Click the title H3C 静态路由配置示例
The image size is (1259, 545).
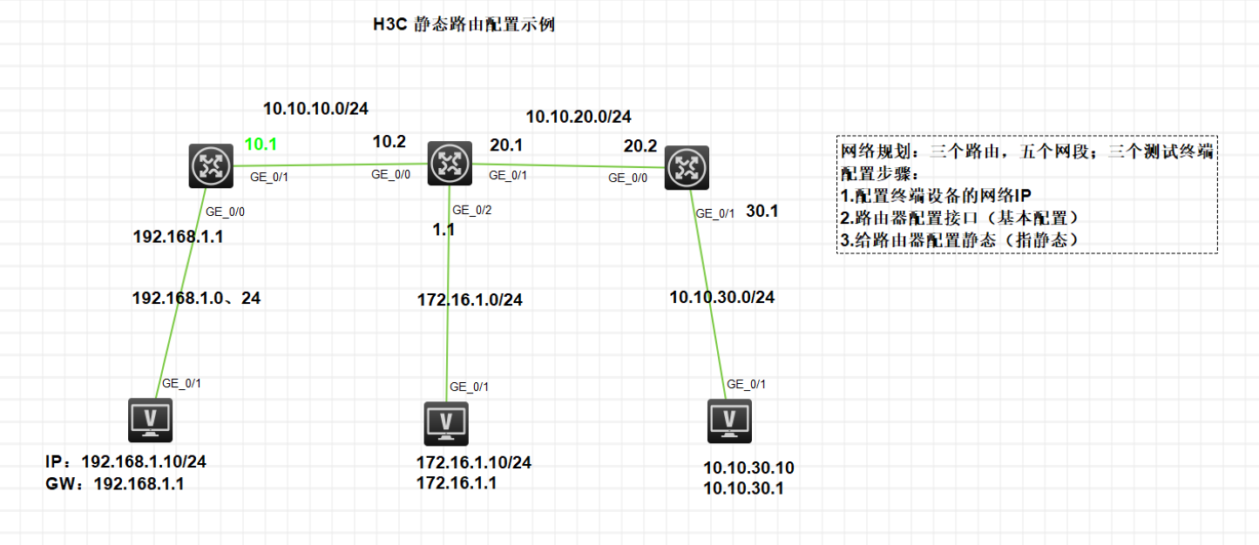[x=463, y=25]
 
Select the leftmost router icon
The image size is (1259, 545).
[x=211, y=165]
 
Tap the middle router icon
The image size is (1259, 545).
[x=450, y=161]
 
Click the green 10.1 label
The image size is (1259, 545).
[x=260, y=144]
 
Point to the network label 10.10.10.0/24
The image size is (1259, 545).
[x=315, y=109]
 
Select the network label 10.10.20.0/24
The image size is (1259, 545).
[x=579, y=116]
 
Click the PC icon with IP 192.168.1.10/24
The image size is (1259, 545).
[x=150, y=421]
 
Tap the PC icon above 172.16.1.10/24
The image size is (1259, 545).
[x=447, y=423]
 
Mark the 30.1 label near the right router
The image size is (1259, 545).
[x=762, y=211]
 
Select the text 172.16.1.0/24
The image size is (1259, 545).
[x=470, y=300]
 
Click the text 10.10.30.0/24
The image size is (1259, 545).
[x=721, y=297]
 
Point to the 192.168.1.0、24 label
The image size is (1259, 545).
[x=196, y=298]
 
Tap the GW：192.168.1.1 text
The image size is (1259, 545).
[x=114, y=483]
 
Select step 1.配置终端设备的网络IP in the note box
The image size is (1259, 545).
[x=936, y=194]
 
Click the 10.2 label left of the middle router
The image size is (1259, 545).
[x=389, y=142]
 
